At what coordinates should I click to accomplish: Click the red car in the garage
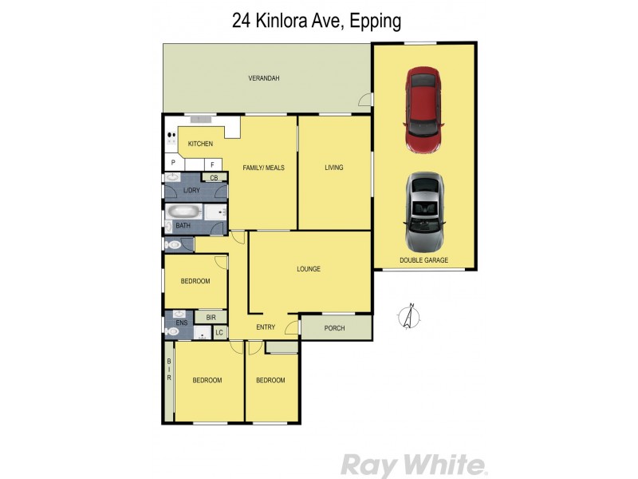tap(424, 109)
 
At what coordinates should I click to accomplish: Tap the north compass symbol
tap(409, 317)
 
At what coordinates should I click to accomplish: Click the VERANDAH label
tap(263, 78)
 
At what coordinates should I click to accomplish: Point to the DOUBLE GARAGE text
tap(424, 260)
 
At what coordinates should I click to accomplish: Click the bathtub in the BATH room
tap(184, 213)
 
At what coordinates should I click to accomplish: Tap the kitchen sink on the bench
tap(201, 120)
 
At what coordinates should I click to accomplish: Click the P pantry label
tap(172, 164)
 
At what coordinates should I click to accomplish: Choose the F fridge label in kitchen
tap(212, 164)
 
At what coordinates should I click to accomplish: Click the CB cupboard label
tap(214, 177)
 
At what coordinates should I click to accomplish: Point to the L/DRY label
tap(191, 190)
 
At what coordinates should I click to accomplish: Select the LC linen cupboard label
tap(219, 332)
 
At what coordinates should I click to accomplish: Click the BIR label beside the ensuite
tap(211, 317)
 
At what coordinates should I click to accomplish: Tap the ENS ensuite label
tap(182, 323)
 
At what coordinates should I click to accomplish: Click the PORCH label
tap(335, 327)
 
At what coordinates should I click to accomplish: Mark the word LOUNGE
tap(308, 269)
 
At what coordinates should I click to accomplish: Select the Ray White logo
tap(412, 464)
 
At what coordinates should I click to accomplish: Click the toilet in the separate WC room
tap(173, 245)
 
